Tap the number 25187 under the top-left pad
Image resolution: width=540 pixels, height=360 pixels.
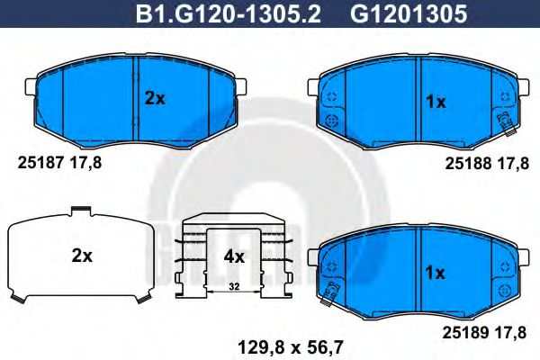tap(37, 164)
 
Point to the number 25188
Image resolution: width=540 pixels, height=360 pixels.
tap(465, 164)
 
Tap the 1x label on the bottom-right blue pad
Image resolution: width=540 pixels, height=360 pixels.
tap(435, 271)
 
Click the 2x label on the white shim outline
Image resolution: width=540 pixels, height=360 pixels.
tap(82, 256)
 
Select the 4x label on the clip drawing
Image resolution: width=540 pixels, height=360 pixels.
tap(233, 256)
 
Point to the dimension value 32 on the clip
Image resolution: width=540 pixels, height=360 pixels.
tap(233, 287)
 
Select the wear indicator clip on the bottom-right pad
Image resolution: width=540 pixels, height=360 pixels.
tap(331, 290)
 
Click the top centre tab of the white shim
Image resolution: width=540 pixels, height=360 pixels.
tap(81, 212)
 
